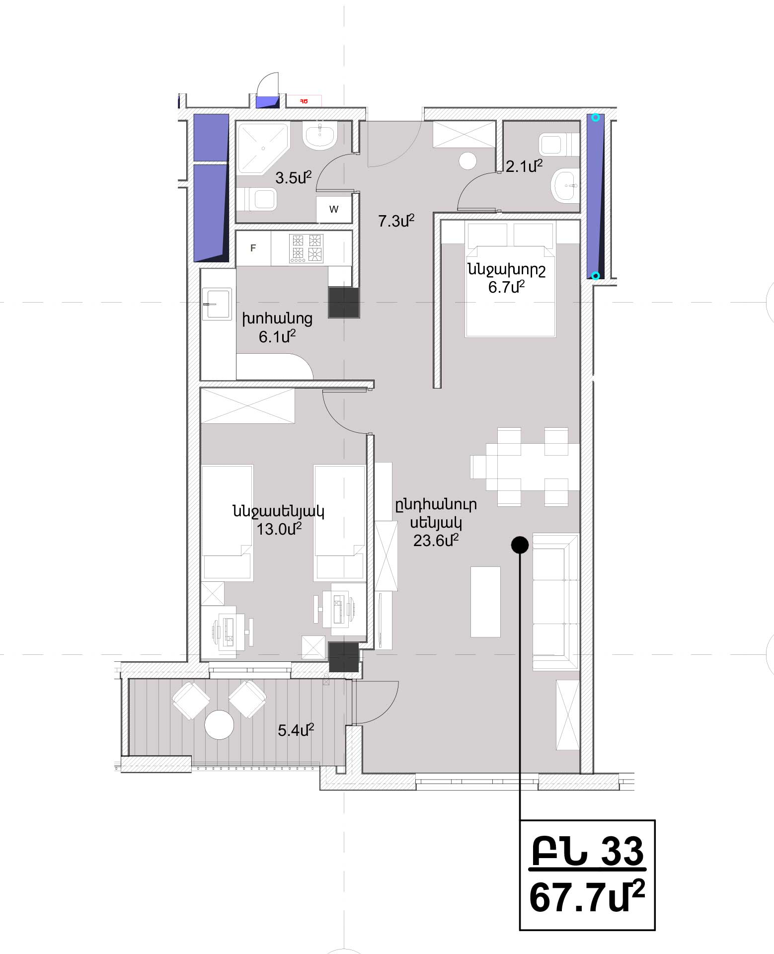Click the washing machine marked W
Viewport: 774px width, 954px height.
tap(334, 209)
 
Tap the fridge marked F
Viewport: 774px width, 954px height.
tap(253, 248)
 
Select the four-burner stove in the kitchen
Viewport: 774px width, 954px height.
tap(307, 248)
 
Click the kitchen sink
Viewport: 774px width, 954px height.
tap(217, 304)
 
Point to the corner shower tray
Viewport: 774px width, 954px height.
tap(262, 149)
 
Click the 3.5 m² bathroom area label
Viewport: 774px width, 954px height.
tap(293, 177)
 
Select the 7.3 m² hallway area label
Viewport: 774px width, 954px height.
tap(396, 221)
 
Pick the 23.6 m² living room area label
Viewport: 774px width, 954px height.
tap(436, 540)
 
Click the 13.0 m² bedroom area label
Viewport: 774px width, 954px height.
tap(279, 529)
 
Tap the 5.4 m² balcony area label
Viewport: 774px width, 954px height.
tap(296, 730)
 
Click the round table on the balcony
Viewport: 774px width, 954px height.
tap(219, 725)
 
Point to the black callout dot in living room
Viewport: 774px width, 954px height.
tap(520, 545)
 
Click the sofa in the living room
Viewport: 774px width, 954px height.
tap(556, 602)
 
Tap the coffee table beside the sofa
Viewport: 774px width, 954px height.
tap(485, 602)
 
